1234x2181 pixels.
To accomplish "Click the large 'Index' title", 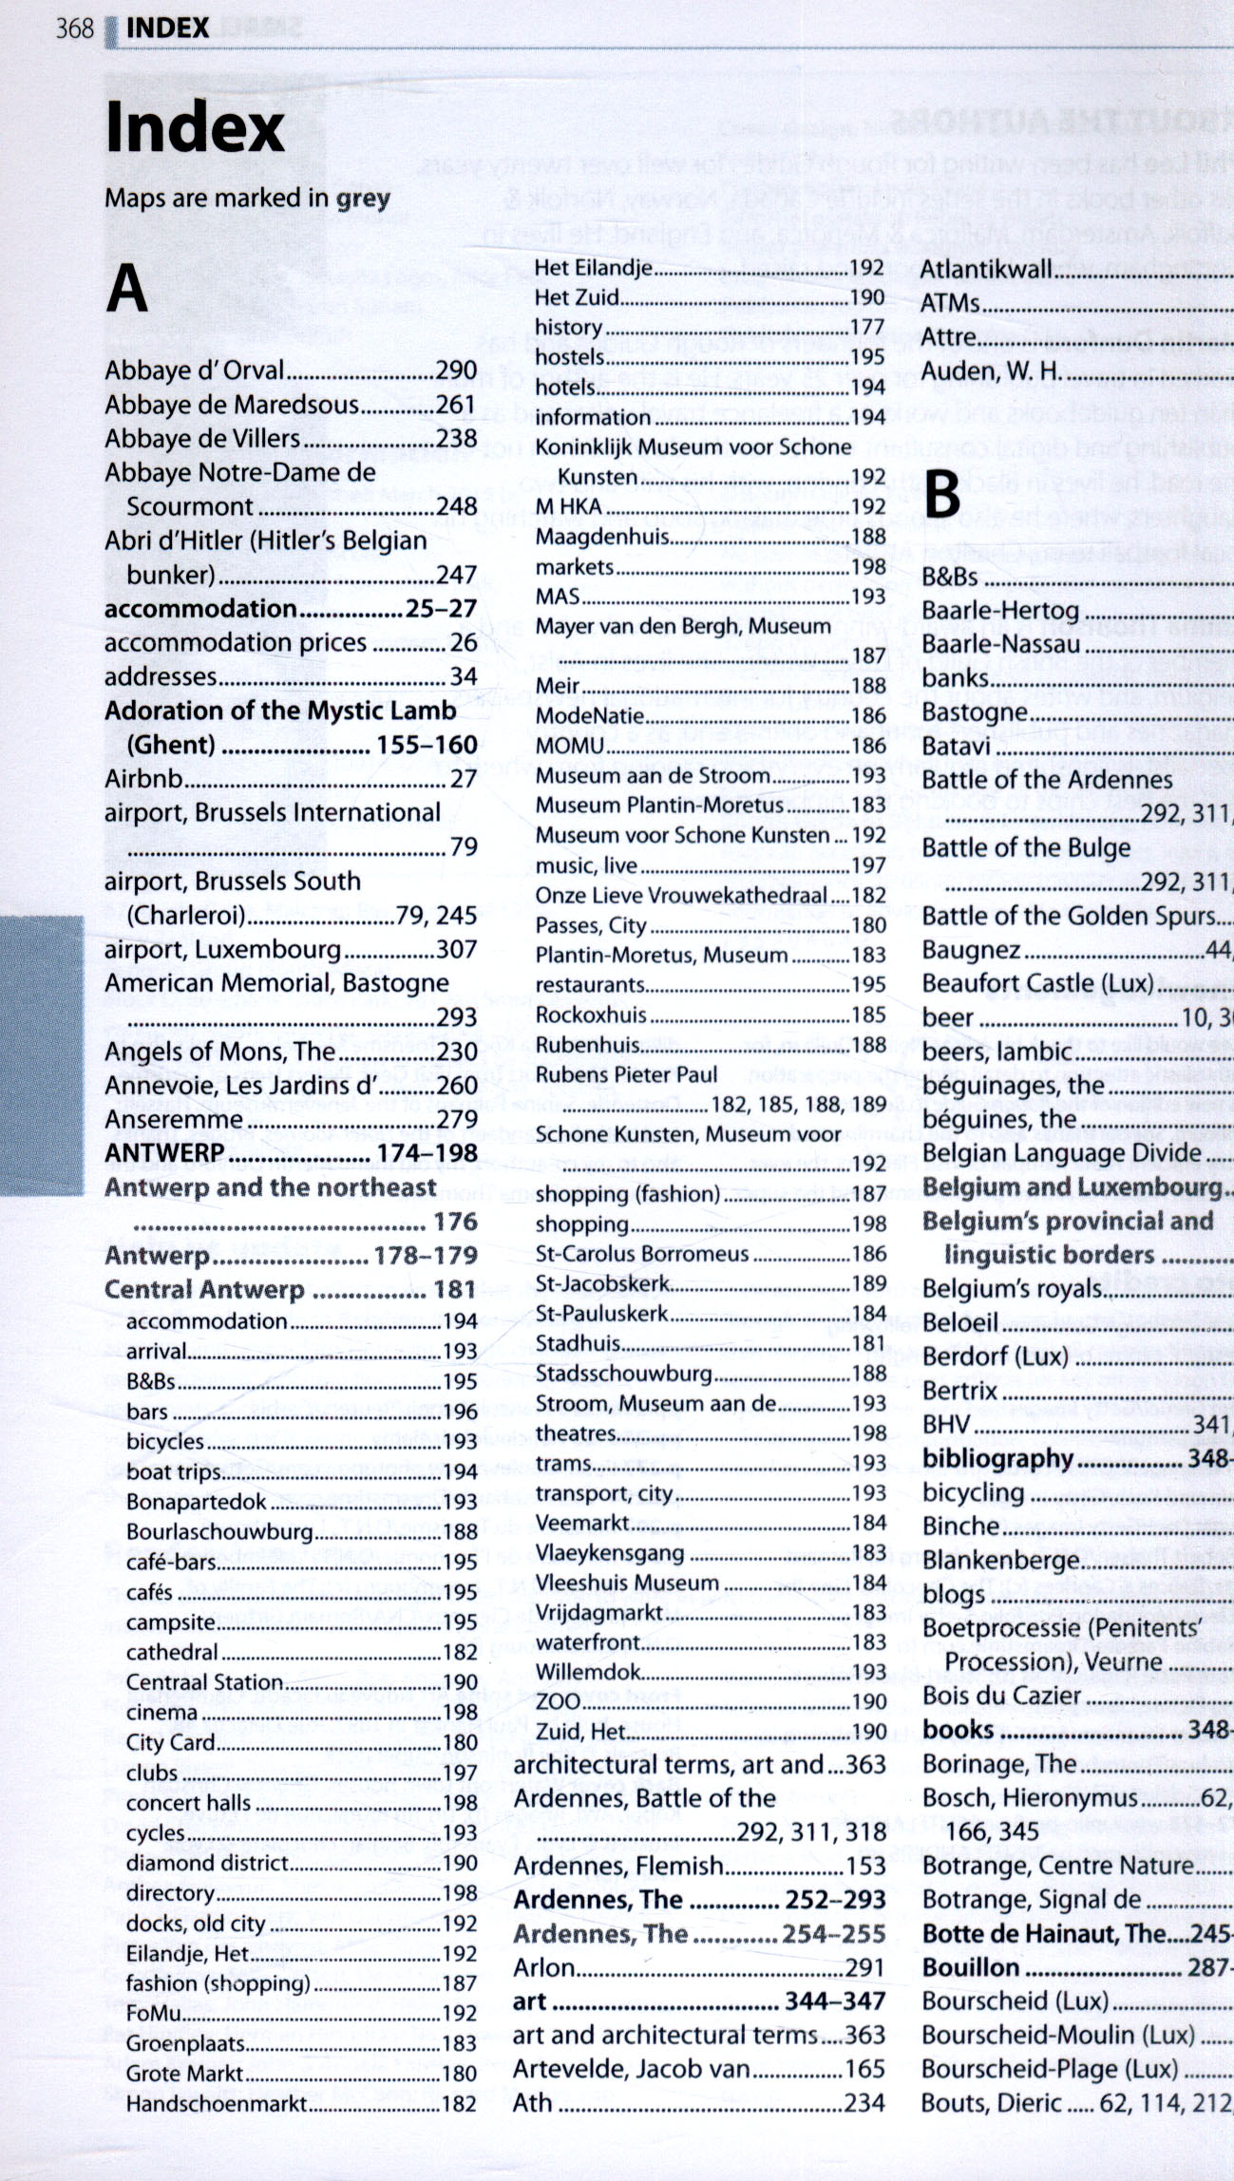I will (x=195, y=128).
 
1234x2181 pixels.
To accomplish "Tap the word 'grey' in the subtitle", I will (x=363, y=199).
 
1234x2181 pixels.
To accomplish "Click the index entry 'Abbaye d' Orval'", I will (x=195, y=370).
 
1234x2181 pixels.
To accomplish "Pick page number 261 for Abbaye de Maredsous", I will (x=456, y=405).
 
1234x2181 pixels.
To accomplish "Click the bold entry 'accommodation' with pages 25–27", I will (x=200, y=609).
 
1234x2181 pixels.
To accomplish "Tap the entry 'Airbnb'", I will (x=143, y=779).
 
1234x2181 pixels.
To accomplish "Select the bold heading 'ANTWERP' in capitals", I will (x=164, y=1153).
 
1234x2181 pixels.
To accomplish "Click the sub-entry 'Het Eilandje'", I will (x=594, y=268).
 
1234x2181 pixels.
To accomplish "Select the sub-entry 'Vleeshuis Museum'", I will (x=627, y=1583).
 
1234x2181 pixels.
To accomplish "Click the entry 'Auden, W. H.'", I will (x=990, y=370).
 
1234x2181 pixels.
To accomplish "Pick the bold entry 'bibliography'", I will (x=997, y=1458).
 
